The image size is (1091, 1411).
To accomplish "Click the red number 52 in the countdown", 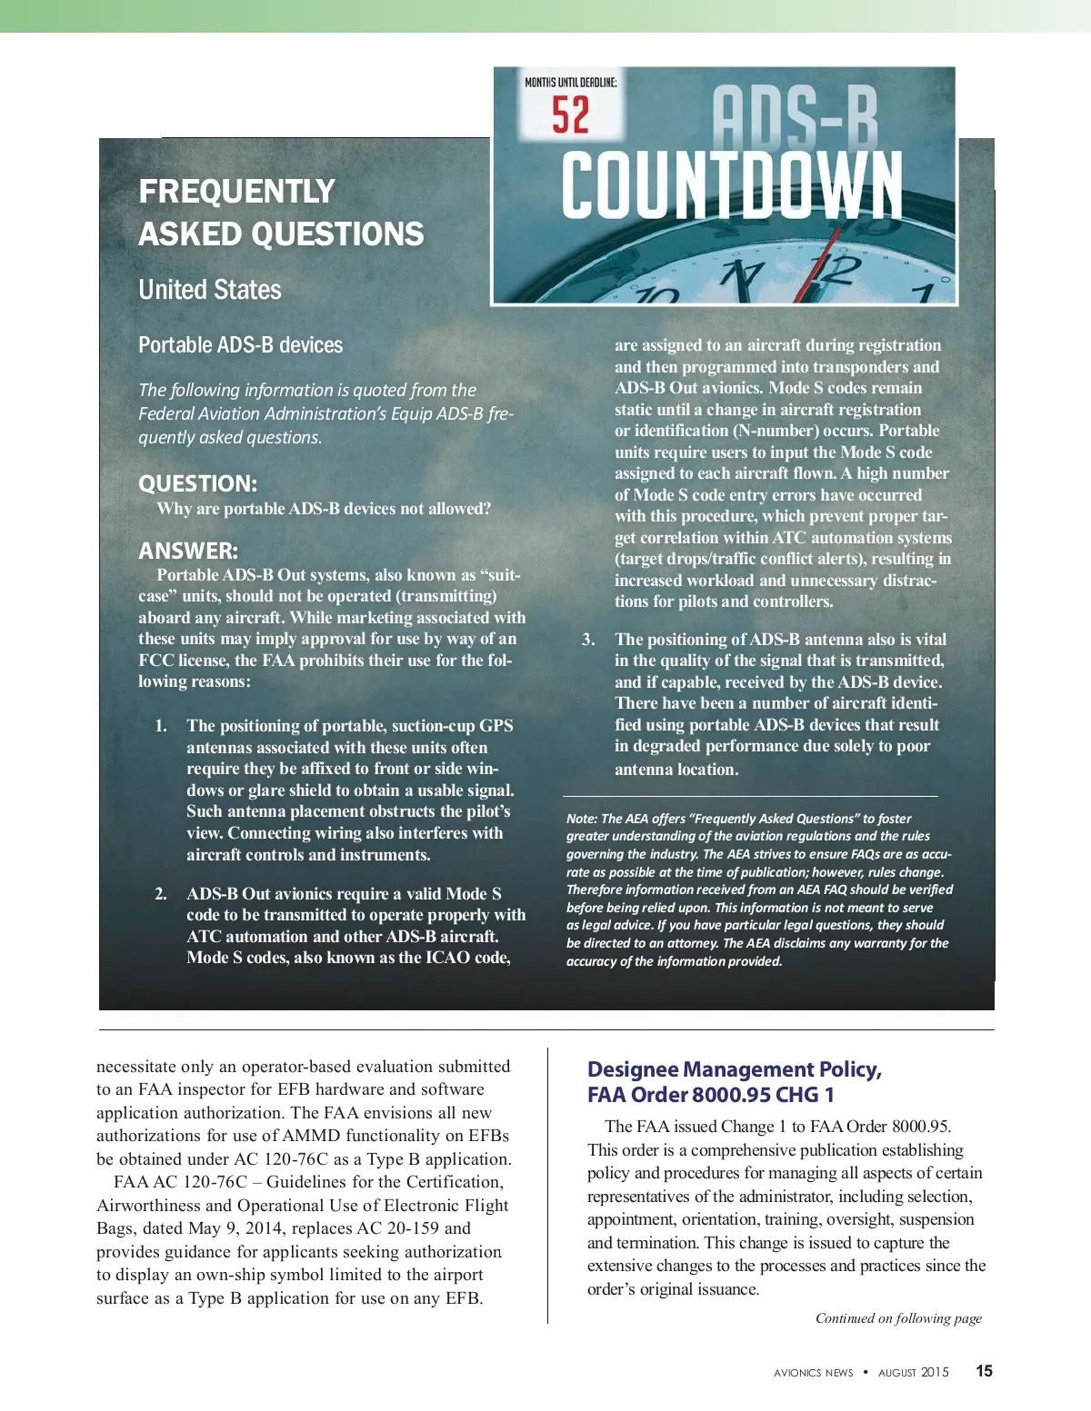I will tap(570, 115).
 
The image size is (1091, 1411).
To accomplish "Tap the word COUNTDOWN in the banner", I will tap(732, 186).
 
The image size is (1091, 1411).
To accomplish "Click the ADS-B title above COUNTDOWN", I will tap(795, 116).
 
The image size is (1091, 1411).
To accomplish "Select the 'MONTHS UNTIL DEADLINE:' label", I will tap(570, 83).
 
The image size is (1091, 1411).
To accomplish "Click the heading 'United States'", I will tap(210, 290).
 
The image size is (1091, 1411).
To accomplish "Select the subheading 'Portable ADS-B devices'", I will tap(240, 345).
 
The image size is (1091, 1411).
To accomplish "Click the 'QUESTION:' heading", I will tap(197, 483).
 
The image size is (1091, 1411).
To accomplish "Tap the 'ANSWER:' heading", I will tap(188, 551).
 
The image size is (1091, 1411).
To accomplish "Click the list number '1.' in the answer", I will tap(161, 726).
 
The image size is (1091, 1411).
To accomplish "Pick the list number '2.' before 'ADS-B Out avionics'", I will tap(161, 894).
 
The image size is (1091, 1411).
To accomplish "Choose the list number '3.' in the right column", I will tap(588, 640).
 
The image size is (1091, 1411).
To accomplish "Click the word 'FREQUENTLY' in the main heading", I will tap(237, 192).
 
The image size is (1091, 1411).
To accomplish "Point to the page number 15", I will tap(984, 1371).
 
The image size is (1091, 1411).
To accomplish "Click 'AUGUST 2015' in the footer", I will tap(913, 1372).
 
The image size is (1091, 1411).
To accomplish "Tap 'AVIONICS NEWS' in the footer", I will tap(814, 1373).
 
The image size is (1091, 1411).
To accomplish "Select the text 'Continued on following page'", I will tap(898, 1318).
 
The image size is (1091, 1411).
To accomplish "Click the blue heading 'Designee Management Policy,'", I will tap(735, 1069).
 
